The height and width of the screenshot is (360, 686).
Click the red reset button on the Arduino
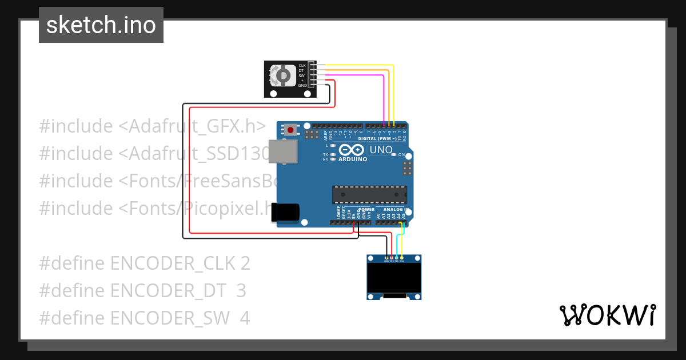coord(291,130)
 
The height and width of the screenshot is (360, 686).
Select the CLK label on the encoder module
coord(302,65)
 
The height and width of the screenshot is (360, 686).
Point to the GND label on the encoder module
coord(302,85)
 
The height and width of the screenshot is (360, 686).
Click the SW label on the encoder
coord(301,75)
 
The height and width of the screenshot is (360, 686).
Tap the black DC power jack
coord(285,211)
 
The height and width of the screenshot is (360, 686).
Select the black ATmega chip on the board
coord(370,194)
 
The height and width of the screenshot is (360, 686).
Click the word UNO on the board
coord(381,150)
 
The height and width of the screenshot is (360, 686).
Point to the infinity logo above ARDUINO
coord(351,150)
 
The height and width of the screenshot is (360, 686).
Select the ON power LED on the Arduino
coord(394,155)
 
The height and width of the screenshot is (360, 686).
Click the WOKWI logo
coord(607,315)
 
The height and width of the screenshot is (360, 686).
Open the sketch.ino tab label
coord(101,25)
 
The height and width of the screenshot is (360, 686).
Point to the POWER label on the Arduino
coord(366,209)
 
